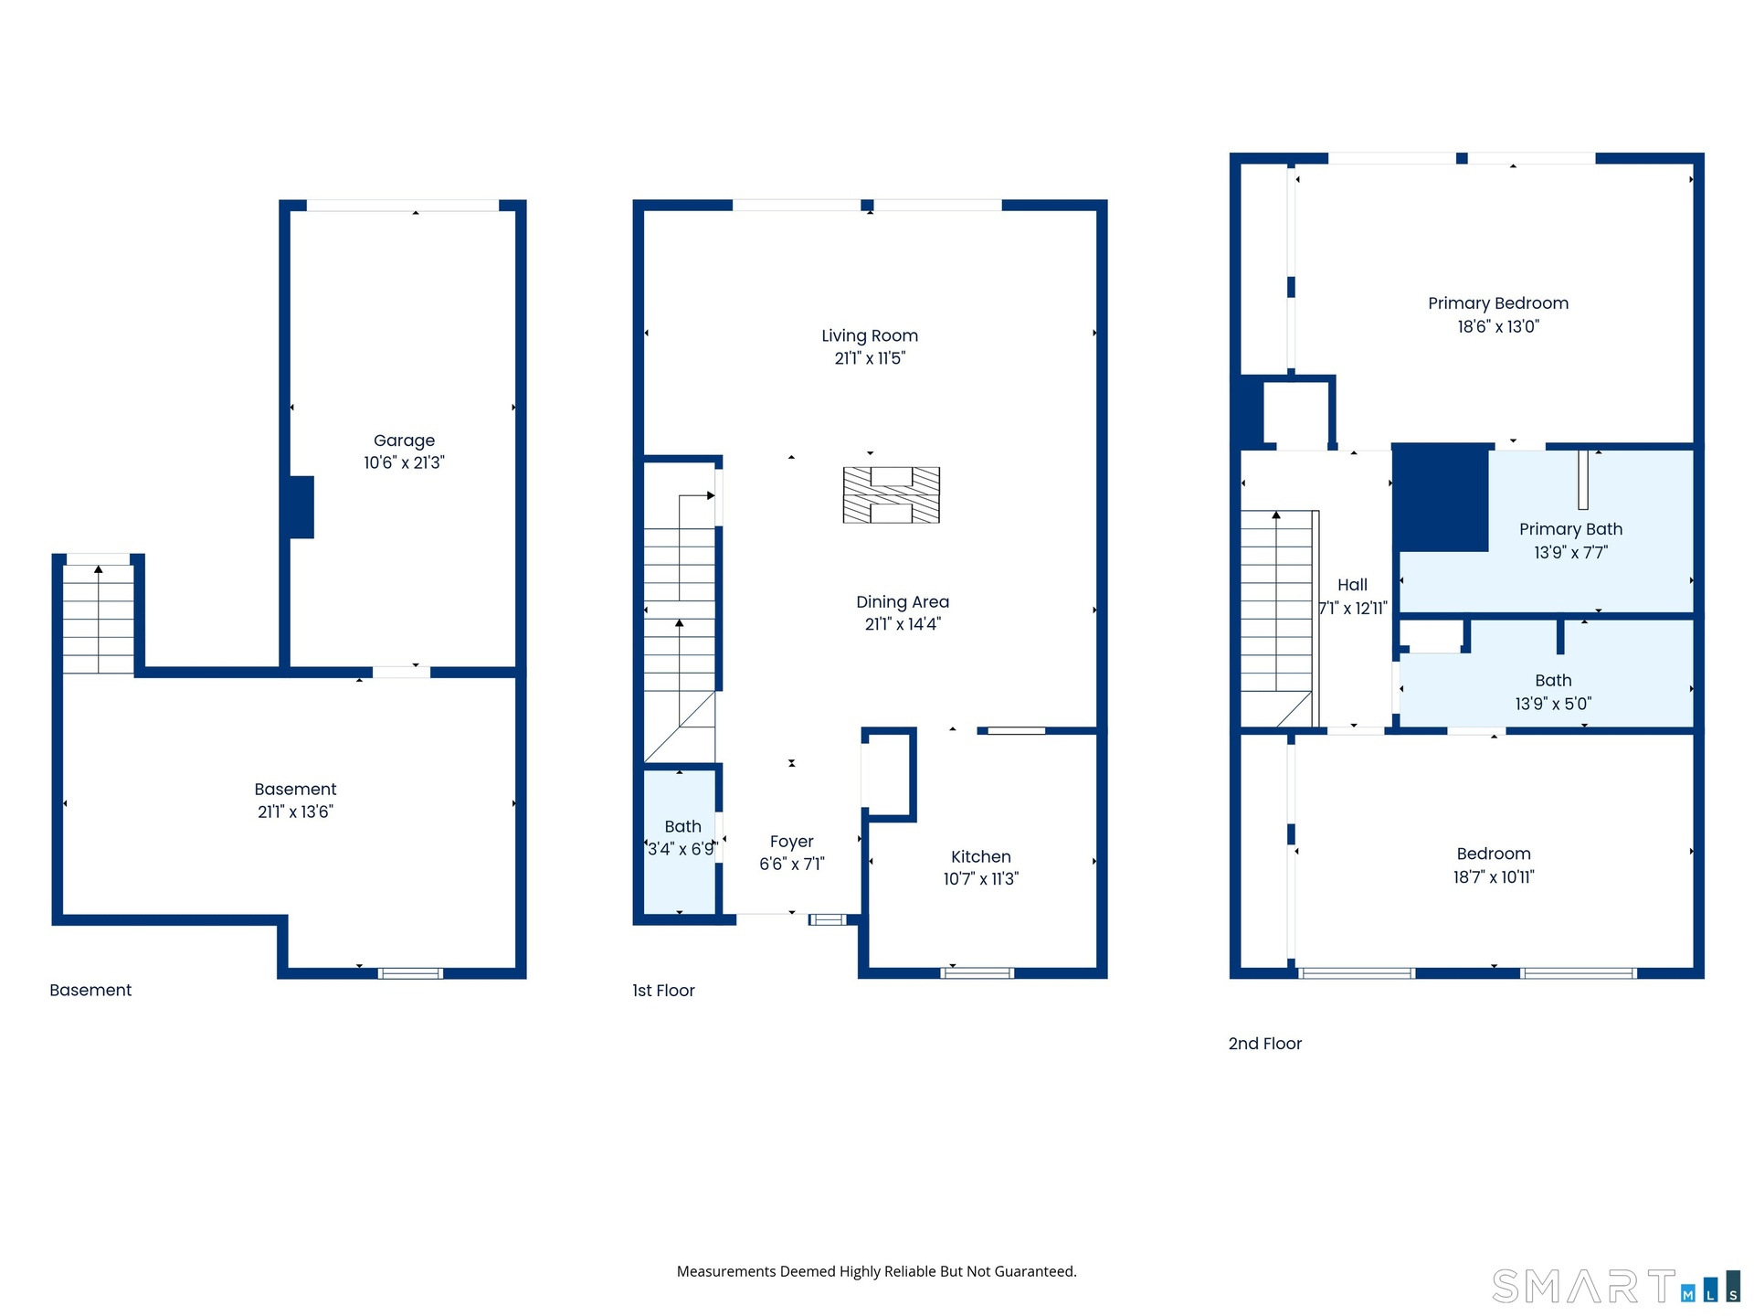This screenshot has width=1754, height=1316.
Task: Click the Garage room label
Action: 404,440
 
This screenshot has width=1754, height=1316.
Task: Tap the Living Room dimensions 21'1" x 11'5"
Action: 870,358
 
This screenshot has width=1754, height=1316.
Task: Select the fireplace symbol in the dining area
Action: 891,494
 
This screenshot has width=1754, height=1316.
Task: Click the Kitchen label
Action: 981,856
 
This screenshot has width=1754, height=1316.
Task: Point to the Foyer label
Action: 791,842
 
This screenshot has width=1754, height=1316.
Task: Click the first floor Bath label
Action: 682,826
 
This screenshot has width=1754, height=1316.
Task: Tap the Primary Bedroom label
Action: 1498,303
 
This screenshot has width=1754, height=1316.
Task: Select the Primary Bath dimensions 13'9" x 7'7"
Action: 1570,552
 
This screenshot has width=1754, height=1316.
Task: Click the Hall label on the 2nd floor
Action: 1352,585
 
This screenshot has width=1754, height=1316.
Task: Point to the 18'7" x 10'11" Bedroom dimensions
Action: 1494,877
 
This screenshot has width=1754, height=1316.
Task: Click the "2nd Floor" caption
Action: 1264,1044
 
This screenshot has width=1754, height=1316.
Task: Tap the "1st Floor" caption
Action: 663,991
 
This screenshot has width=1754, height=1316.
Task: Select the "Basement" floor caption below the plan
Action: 90,990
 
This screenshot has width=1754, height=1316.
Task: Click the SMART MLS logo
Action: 1616,1287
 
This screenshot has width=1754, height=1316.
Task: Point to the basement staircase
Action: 99,619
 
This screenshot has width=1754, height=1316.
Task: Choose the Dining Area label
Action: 903,602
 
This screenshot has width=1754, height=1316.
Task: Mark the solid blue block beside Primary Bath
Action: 1441,498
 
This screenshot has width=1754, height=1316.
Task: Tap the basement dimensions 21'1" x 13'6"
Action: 295,812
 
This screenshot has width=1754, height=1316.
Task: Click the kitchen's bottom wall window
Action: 977,972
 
